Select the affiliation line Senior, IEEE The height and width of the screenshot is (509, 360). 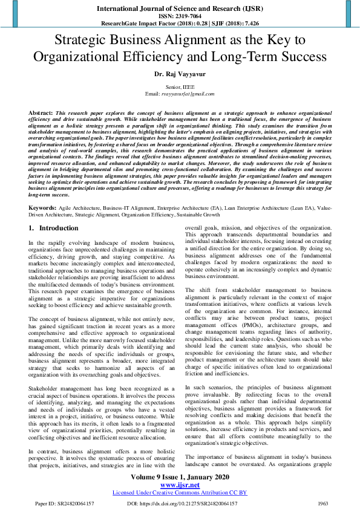click(180, 88)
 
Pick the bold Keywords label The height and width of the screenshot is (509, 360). click(43, 207)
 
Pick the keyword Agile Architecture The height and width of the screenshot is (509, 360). click(79, 207)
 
